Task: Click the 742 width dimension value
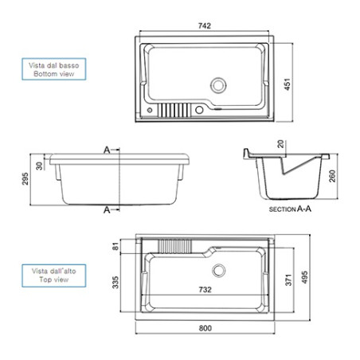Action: (205, 25)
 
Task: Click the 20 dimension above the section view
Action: (280, 143)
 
